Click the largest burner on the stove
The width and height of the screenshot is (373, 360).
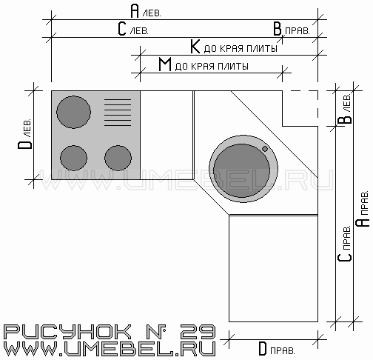(x=73, y=112)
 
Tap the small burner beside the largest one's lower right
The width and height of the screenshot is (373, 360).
(x=118, y=158)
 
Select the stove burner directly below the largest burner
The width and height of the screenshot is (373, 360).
(x=73, y=158)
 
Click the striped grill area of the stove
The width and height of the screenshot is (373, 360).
(x=118, y=113)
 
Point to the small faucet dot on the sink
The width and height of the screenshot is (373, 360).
(x=265, y=149)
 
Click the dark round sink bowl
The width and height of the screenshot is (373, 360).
(x=241, y=170)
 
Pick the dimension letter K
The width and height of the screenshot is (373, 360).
(x=195, y=47)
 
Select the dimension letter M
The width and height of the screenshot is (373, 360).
(x=165, y=64)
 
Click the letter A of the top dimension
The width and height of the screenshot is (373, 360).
(x=135, y=11)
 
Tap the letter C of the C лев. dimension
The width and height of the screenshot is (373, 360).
(x=122, y=29)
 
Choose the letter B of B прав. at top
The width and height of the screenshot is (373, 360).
(x=278, y=29)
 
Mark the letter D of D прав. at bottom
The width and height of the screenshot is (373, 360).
(x=263, y=349)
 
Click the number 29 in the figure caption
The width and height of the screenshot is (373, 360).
(x=198, y=332)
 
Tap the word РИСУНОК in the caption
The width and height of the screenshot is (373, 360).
(x=67, y=332)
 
